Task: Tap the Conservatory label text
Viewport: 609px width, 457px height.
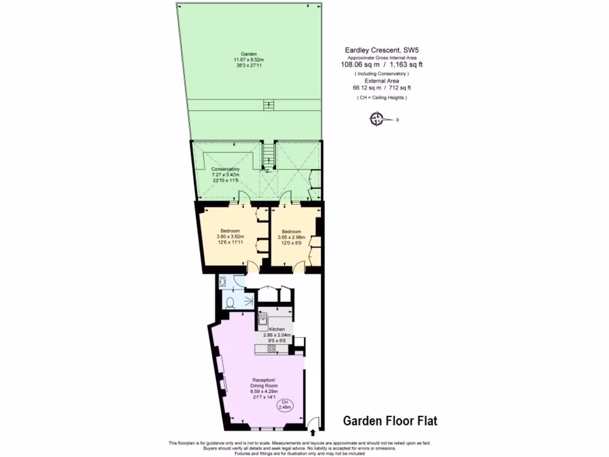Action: [x=225, y=169]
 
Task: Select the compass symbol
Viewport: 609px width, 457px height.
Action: [x=376, y=120]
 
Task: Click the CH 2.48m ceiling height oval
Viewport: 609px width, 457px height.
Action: [x=285, y=405]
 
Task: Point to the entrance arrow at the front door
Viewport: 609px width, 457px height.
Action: [x=313, y=433]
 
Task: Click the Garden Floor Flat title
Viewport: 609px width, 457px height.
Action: [x=390, y=421]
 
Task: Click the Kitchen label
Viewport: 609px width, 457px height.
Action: [x=277, y=329]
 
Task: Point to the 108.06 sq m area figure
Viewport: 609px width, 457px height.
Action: [x=358, y=64]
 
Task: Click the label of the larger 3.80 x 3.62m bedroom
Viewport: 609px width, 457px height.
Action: [x=230, y=231]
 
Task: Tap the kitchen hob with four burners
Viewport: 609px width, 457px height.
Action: [x=271, y=349]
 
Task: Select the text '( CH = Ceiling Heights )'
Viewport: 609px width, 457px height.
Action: [x=381, y=97]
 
